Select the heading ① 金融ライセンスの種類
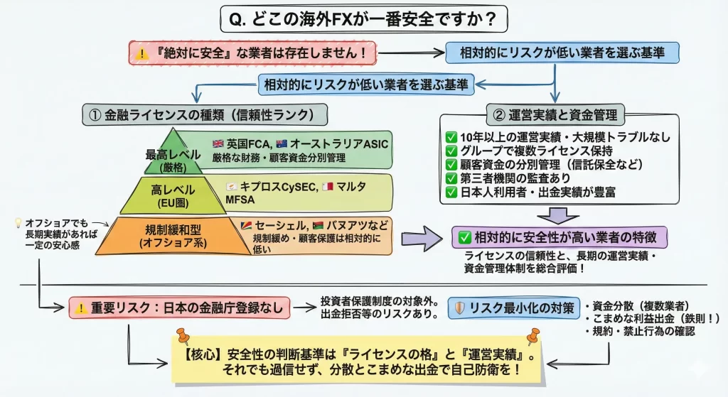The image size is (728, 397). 205,114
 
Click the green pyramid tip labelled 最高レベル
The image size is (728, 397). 165,158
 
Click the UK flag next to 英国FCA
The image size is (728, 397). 218,144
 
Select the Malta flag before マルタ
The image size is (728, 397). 328,186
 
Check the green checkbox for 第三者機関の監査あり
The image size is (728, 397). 450,178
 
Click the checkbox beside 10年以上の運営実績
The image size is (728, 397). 450,136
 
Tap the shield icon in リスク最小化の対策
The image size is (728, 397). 460,308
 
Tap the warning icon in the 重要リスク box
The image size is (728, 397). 81,308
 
